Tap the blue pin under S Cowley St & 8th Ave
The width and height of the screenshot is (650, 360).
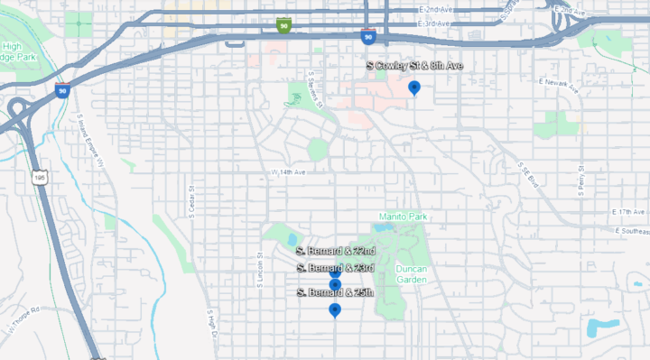point(414,87)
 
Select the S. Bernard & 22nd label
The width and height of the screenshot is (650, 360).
point(335,250)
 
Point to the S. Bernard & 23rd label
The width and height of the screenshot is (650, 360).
point(335,268)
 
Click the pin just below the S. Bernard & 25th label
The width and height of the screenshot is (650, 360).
point(335,310)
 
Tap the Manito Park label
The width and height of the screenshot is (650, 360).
point(404,217)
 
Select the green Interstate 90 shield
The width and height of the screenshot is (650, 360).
point(283,25)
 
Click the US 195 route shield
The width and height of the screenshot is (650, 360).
point(40,179)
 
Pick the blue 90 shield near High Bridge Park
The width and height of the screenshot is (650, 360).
point(62,89)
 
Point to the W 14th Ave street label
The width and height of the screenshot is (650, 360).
point(289,171)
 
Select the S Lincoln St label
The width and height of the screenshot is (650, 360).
point(258,268)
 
